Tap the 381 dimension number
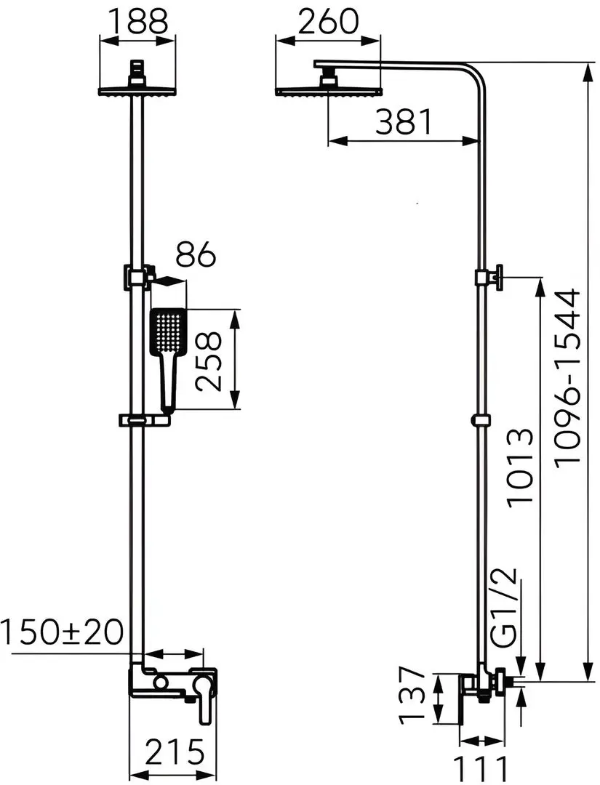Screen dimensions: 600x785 tap(404, 123)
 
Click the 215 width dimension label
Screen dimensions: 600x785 tap(175, 752)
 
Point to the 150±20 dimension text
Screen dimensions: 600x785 tap(63, 633)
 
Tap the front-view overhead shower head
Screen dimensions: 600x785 tap(137, 90)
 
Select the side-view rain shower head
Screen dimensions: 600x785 tap(328, 90)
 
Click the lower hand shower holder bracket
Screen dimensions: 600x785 tap(147, 420)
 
